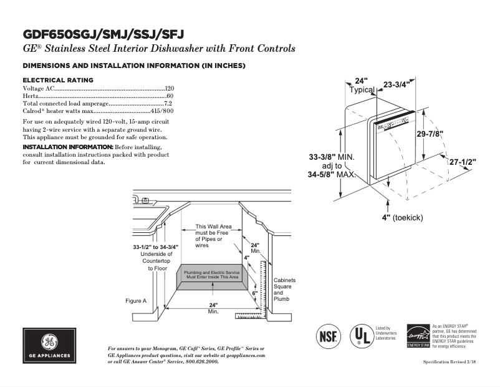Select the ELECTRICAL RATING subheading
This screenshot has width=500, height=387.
tap(58, 80)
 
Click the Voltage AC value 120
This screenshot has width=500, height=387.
tap(169, 89)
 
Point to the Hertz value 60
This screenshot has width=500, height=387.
tap(170, 96)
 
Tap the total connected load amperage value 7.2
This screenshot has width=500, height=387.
tap(168, 103)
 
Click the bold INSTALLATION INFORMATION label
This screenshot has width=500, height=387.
tap(68, 146)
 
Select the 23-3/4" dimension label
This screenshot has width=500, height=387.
tap(396, 84)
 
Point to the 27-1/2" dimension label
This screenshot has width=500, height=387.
tap(463, 162)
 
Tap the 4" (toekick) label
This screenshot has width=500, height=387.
tap(402, 217)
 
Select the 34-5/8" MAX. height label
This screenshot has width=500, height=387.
tap(332, 175)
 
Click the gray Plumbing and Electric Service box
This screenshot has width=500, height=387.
tap(213, 277)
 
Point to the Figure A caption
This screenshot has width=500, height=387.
tap(136, 301)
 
